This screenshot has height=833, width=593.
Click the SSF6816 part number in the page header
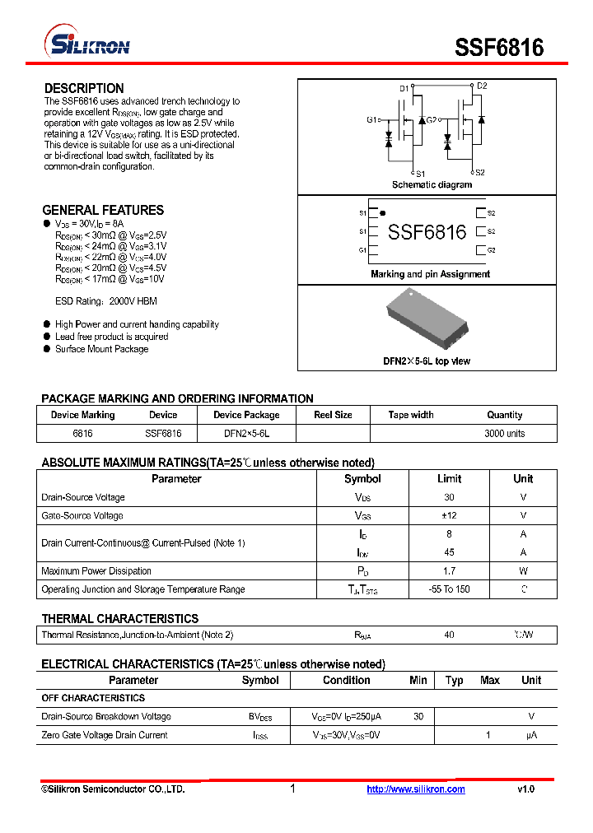point(499,47)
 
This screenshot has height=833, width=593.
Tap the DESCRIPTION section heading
point(84,88)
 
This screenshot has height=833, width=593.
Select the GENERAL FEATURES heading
point(103,210)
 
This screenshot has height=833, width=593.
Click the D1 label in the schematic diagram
point(404,87)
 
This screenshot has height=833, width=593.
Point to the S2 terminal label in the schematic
point(479,173)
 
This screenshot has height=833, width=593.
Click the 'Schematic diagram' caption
point(432,185)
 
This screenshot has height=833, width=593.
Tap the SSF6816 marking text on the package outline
point(427,232)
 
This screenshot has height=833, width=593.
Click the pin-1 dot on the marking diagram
point(382,213)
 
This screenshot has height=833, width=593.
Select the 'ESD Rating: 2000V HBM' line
point(105,301)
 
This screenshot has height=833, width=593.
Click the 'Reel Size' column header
point(333,415)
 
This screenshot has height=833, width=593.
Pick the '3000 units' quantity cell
point(504,433)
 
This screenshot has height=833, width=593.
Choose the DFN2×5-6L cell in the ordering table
point(246,433)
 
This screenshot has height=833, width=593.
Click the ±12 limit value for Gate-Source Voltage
point(449,515)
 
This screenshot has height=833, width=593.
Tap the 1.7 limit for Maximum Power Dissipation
point(449,570)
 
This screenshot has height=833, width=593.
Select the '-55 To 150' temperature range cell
point(449,589)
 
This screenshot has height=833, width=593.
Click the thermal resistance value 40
point(449,635)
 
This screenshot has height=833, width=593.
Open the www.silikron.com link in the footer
point(415,789)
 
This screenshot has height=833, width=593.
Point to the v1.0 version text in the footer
point(525,789)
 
